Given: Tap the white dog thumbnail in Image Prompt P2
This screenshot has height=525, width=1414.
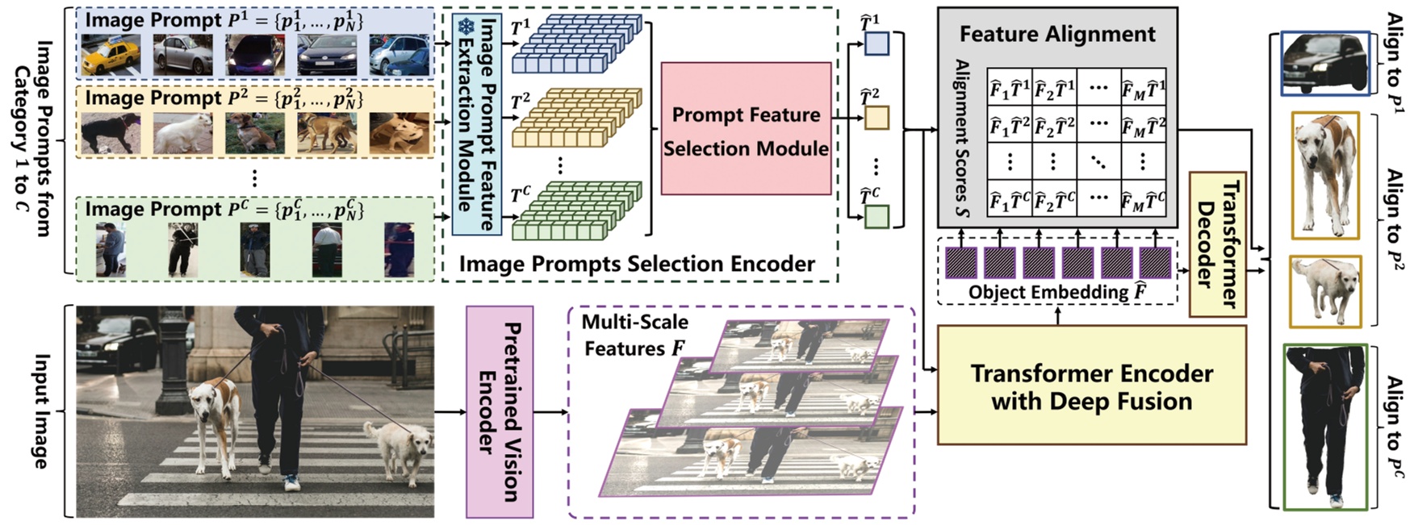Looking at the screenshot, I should (182, 133).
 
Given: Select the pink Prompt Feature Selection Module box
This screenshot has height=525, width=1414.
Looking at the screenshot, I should (746, 129).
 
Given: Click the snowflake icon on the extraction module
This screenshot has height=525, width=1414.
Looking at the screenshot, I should (466, 27).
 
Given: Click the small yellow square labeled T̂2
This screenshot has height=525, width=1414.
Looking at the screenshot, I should (876, 119).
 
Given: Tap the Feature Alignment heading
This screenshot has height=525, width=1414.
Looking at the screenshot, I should (1057, 34).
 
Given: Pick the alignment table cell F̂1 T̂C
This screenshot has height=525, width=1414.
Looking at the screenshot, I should (1010, 198).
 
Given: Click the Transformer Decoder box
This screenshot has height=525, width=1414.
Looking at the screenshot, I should (1217, 244).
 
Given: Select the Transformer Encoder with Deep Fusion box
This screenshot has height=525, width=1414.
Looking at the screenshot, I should (1091, 386).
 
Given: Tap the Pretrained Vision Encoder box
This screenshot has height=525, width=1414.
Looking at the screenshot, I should (500, 411).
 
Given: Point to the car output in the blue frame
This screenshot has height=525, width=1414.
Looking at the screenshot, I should (1325, 64).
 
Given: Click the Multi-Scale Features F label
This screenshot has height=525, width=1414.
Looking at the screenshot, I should (634, 335).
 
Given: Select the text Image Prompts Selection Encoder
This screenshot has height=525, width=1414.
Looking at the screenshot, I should (637, 264).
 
